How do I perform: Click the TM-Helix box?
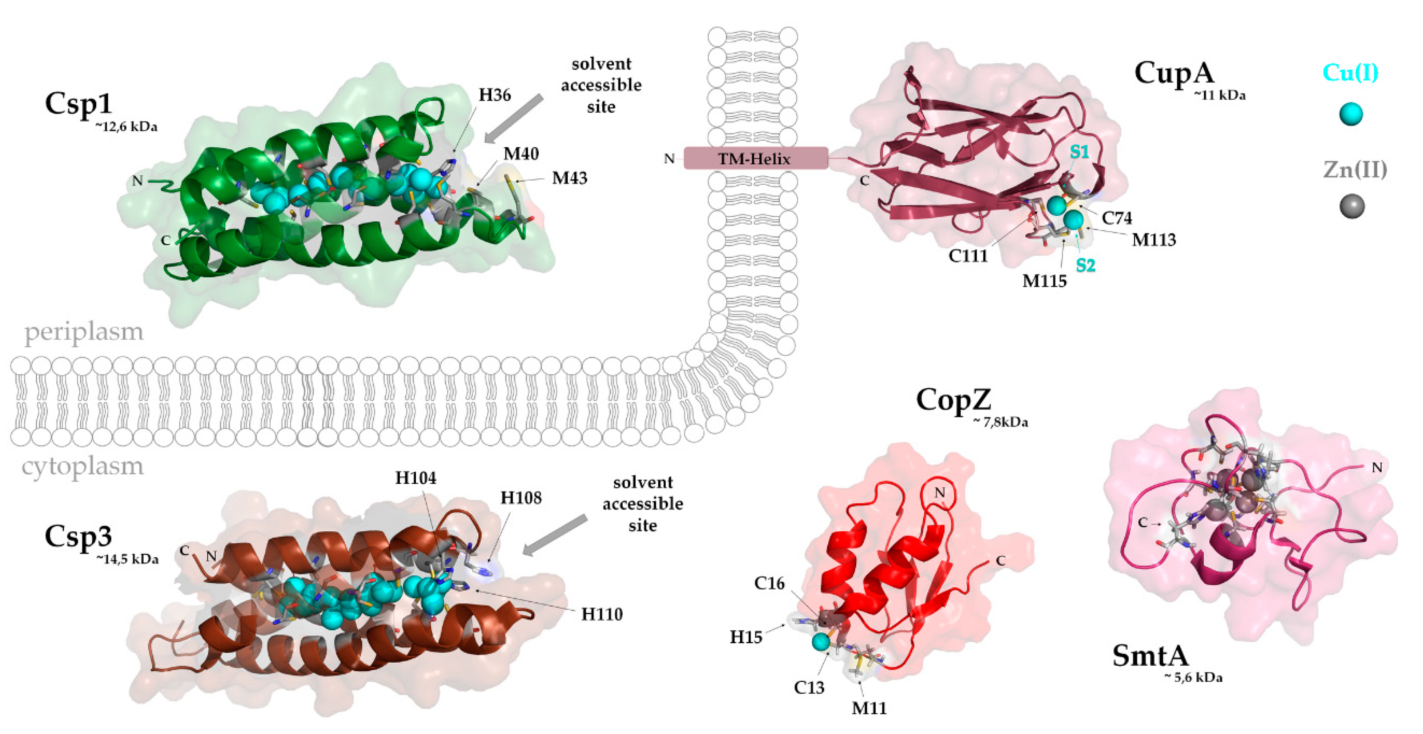point(755,159)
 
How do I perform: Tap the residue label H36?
point(494,95)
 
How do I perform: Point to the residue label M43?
point(569,178)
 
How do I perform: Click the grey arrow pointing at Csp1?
point(514,118)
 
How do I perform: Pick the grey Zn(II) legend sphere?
point(1352,207)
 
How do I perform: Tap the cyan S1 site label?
point(1079,151)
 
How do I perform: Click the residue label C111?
point(968,256)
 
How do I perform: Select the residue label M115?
point(1044,281)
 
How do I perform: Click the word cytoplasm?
point(82,467)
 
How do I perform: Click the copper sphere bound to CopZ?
point(821,642)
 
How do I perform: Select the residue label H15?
point(746,637)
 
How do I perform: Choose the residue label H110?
point(601,614)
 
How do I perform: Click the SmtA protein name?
point(1150,656)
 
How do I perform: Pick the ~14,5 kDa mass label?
point(127,559)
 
